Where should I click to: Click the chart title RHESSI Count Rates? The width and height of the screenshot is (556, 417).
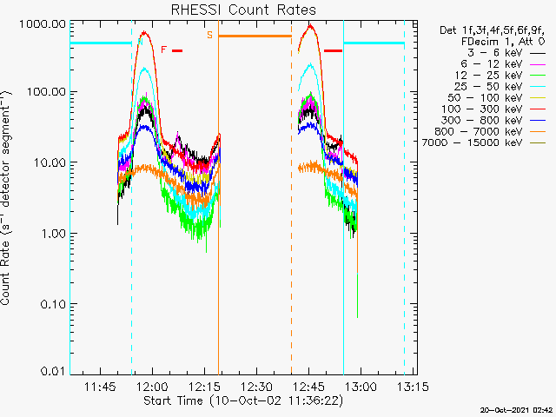pyautogui.click(x=243, y=10)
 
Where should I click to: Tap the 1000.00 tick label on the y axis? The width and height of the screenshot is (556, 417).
pyautogui.click(x=43, y=24)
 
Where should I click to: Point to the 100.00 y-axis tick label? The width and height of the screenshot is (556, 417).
pyautogui.click(x=47, y=92)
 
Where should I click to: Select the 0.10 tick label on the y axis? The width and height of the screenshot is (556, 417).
pyautogui.click(x=53, y=304)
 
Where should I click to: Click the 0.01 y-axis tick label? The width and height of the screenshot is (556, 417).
pyautogui.click(x=53, y=371)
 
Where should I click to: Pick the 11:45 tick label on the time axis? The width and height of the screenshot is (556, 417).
pyautogui.click(x=101, y=387)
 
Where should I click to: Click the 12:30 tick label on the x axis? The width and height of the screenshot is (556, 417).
pyautogui.click(x=256, y=387)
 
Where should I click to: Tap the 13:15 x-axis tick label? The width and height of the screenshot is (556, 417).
pyautogui.click(x=413, y=387)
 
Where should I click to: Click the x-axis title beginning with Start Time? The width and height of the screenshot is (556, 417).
pyautogui.click(x=243, y=400)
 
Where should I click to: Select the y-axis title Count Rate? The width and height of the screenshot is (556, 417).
pyautogui.click(x=6, y=197)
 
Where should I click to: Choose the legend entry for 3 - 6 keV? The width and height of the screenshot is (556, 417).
pyautogui.click(x=506, y=53)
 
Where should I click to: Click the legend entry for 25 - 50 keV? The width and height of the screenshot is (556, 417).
pyautogui.click(x=500, y=87)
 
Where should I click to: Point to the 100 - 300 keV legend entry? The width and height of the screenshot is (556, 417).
pyautogui.click(x=493, y=109)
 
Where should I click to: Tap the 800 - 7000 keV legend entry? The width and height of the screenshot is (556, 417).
pyautogui.click(x=490, y=131)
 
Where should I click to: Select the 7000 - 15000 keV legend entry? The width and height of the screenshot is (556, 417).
pyautogui.click(x=483, y=142)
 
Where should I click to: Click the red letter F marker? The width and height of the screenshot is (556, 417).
pyautogui.click(x=163, y=50)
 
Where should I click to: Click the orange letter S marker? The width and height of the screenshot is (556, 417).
pyautogui.click(x=210, y=35)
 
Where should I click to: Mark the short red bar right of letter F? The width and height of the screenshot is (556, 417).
pyautogui.click(x=177, y=50)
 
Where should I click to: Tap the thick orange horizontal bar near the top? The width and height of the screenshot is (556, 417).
pyautogui.click(x=255, y=36)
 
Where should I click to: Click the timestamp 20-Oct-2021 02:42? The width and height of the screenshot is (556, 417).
pyautogui.click(x=516, y=410)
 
